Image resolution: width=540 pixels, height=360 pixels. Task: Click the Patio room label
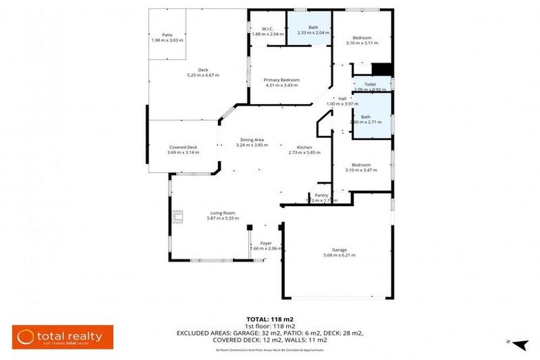click(x=167, y=34)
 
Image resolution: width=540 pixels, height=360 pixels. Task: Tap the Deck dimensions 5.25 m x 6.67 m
click(x=202, y=75)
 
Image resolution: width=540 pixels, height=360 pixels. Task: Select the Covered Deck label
click(x=183, y=147)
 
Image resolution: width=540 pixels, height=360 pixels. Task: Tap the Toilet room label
click(x=370, y=84)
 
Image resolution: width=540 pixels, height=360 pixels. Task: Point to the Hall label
click(x=342, y=98)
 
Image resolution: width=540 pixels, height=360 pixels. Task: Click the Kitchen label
click(x=304, y=148)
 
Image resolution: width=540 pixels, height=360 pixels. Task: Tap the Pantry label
click(x=321, y=195)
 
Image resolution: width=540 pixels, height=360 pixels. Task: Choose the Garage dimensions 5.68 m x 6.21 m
click(x=340, y=255)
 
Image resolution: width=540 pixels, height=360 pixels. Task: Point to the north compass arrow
click(x=520, y=344)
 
